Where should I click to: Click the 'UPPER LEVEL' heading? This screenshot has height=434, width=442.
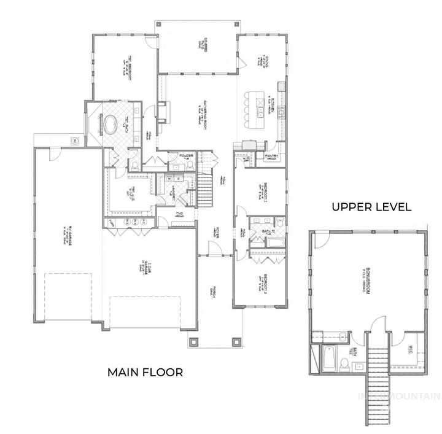coord(371,207)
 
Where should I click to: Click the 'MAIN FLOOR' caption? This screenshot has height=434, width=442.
coord(145,372)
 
